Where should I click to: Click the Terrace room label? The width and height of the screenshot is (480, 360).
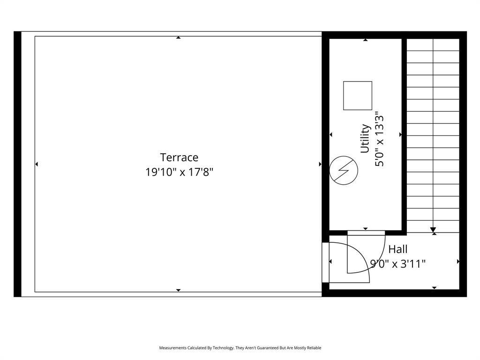(179, 157)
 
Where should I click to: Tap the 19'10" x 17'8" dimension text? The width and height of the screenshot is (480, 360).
(179, 172)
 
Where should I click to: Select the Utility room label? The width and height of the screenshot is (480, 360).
(365, 139)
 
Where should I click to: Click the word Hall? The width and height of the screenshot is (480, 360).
(397, 249)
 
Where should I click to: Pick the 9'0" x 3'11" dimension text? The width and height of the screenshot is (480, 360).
(398, 264)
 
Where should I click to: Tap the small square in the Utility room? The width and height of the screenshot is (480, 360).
(358, 96)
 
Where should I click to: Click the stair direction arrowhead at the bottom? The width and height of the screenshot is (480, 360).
(433, 229)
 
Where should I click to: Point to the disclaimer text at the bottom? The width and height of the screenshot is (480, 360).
(240, 348)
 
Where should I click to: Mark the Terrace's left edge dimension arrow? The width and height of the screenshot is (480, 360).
(37, 164)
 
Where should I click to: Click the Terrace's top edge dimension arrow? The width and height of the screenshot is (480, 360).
(178, 37)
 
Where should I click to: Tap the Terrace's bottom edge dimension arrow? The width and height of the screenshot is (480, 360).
(178, 290)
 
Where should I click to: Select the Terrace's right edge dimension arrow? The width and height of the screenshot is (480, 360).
(320, 164)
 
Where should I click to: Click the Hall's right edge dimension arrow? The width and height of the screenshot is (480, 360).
(458, 261)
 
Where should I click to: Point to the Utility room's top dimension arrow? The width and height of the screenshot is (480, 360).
(366, 40)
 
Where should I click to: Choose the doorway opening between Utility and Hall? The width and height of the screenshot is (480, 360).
(366, 232)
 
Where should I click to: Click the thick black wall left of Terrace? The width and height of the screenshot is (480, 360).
(17, 164)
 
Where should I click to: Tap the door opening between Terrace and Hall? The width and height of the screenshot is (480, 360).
(325, 262)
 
